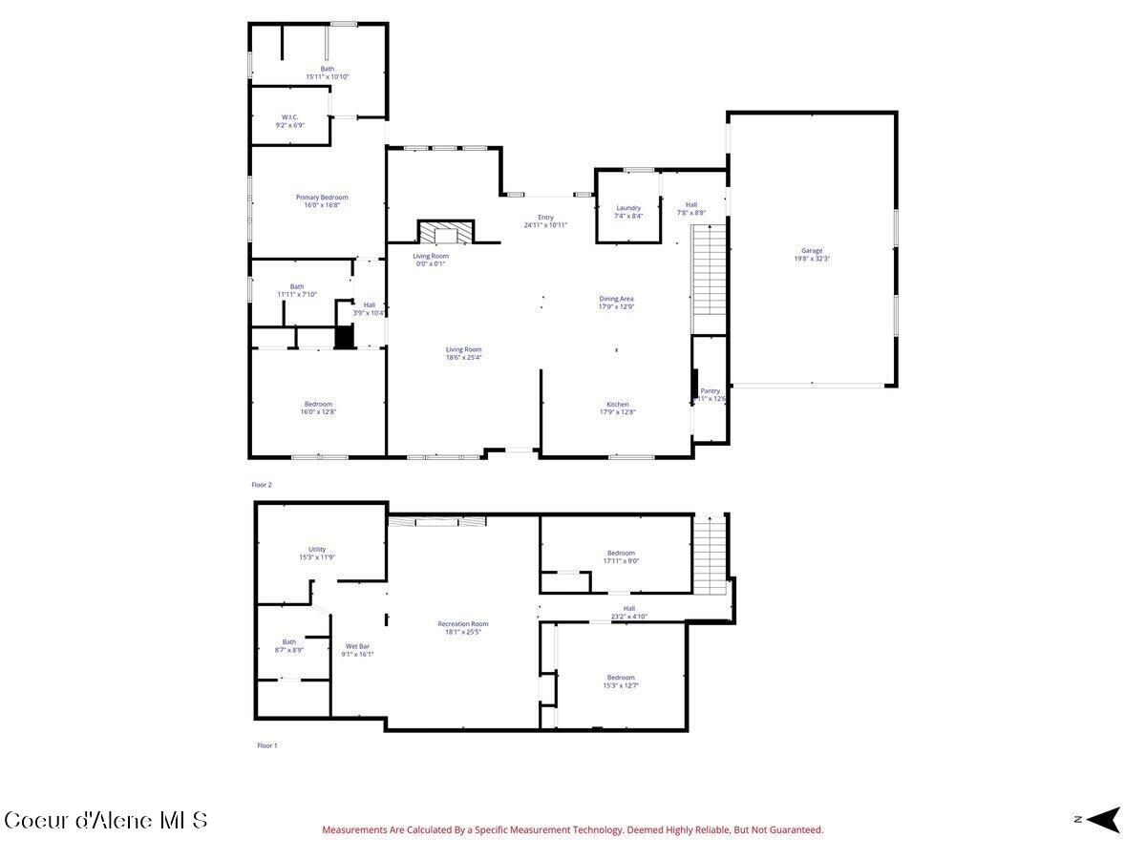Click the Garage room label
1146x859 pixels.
812,251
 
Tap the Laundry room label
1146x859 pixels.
628,208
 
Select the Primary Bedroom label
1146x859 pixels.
321,198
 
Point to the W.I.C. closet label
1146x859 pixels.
291,117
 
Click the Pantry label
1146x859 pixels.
710,390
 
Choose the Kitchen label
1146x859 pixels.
617,405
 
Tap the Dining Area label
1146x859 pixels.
616,299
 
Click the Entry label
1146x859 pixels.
545,218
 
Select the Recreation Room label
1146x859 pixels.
463,624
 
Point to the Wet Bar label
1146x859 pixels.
357,647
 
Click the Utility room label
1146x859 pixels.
317,550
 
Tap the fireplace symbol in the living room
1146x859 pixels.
446,232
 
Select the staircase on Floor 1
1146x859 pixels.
711,554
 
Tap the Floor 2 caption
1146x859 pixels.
262,485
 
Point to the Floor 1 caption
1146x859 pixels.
266,745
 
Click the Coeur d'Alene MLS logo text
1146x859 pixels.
105,820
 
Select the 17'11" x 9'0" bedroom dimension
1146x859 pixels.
621,561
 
